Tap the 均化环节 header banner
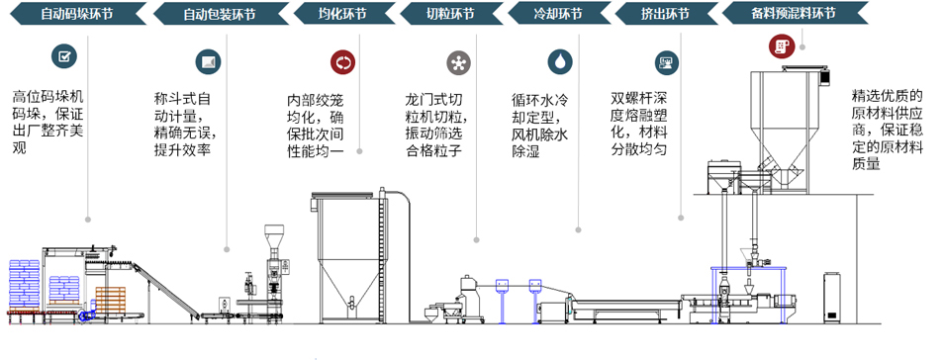343,14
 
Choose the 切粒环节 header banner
451,14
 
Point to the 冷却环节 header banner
559,14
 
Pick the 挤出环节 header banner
666,14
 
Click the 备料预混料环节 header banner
795,14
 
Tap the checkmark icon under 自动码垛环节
64,57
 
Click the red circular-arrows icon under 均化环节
342,62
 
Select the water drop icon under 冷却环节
560,62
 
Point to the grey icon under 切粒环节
459,63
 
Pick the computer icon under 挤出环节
666,62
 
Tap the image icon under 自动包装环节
208,62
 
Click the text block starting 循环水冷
539,125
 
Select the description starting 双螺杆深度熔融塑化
639,124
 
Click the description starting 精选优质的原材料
887,130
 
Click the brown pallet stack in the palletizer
111,299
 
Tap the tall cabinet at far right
832,298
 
